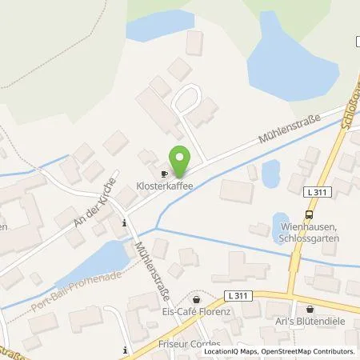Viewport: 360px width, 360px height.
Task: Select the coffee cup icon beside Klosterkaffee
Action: (x=163, y=173)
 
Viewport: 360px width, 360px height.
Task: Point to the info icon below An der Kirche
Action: (x=123, y=224)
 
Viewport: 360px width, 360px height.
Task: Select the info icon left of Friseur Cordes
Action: (x=126, y=350)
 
